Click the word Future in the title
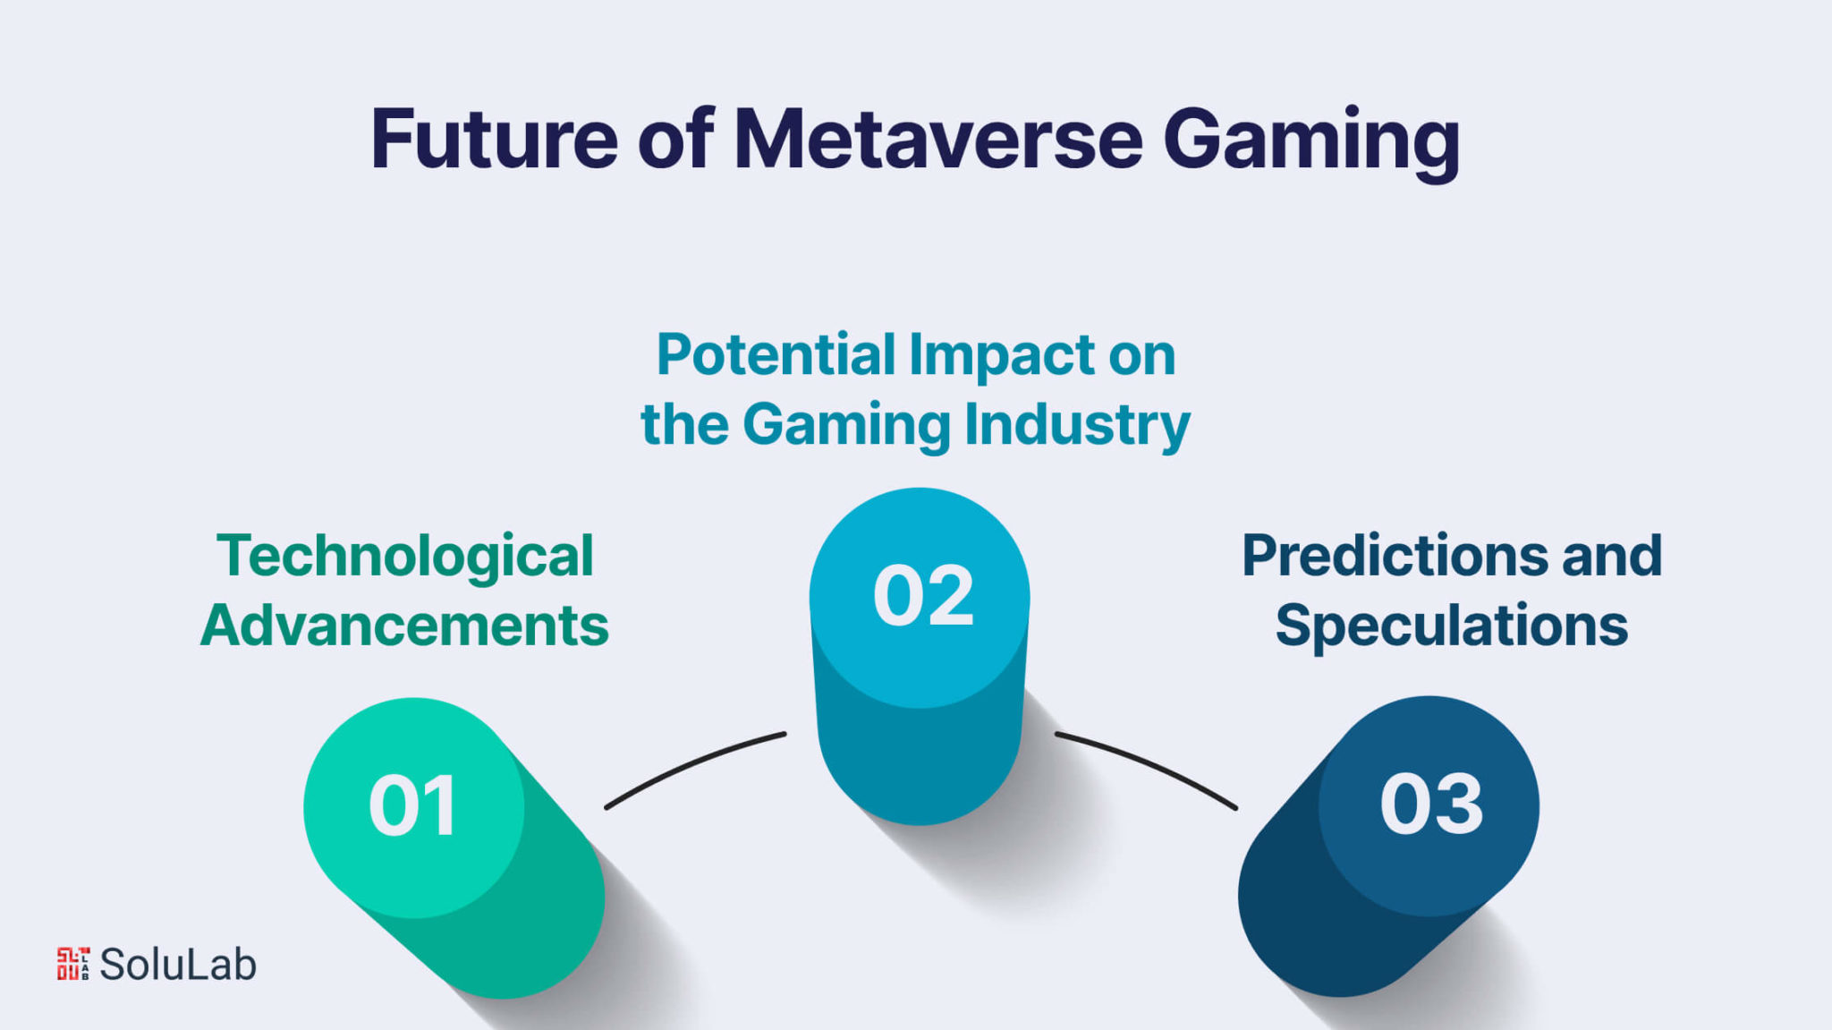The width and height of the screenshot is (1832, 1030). [x=495, y=139]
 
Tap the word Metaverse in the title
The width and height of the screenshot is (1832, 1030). [x=937, y=139]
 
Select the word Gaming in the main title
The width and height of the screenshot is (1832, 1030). [x=1311, y=143]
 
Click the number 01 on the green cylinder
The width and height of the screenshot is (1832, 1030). [x=412, y=806]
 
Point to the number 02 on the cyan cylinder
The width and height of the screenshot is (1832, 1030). [x=923, y=596]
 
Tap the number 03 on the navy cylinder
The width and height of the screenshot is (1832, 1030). [x=1431, y=804]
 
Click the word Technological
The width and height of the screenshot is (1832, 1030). [x=405, y=557]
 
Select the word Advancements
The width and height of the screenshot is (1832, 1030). [x=404, y=625]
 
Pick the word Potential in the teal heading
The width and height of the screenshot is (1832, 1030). [x=776, y=354]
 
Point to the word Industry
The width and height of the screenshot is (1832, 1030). [x=1077, y=426]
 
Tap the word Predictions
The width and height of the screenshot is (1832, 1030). [x=1395, y=556]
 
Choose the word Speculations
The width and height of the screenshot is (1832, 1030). [x=1452, y=627]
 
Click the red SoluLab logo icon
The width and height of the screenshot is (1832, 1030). [x=73, y=964]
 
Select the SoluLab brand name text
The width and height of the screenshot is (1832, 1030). [x=178, y=965]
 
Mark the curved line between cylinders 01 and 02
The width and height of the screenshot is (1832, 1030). [x=692, y=765]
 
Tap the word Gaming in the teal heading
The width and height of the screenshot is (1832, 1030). [x=846, y=426]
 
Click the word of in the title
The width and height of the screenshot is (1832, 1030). [x=675, y=139]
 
